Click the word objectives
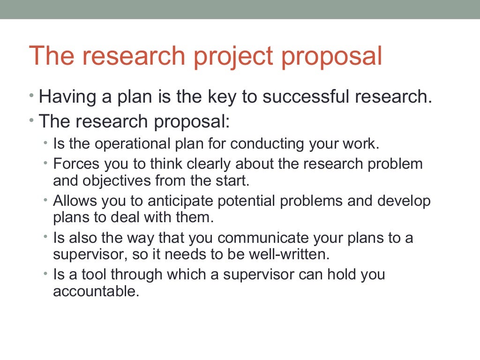112,180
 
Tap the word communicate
265,238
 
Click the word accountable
96,291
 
